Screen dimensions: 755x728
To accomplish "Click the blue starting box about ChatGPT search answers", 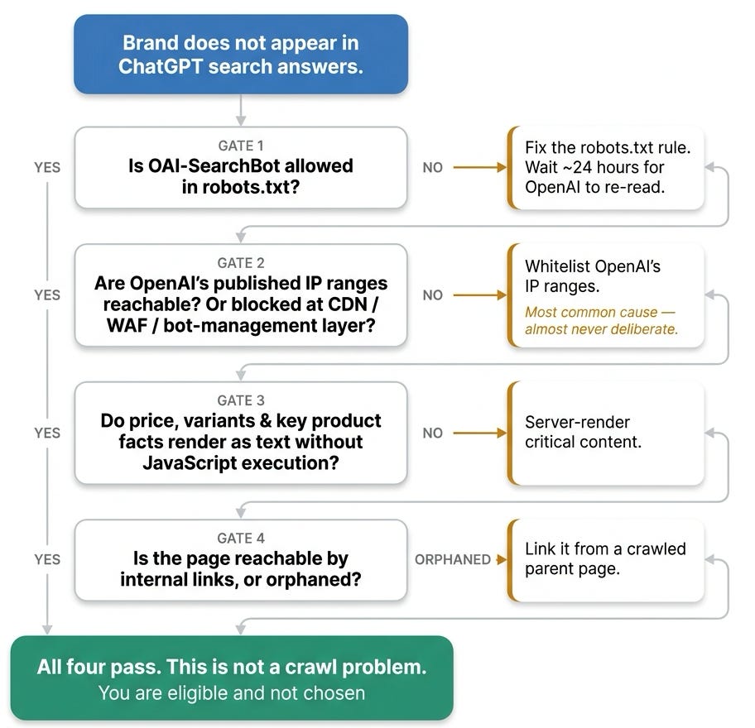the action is coord(241,54).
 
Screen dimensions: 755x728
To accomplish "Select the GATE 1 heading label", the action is coord(241,146).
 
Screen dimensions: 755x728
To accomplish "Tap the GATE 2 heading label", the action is coord(241,263).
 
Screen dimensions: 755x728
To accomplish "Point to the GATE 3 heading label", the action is coord(241,400).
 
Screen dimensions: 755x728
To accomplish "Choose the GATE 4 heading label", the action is coord(241,538).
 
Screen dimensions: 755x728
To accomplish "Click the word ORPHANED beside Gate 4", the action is coord(453,559).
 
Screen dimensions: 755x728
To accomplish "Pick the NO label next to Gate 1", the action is coord(432,167).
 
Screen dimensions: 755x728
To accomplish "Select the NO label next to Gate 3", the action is coord(432,433).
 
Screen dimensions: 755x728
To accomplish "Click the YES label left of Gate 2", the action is coord(47,295).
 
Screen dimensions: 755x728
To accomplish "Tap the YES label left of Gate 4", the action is coord(47,559).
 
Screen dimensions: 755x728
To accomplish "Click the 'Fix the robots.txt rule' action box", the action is coord(606,167).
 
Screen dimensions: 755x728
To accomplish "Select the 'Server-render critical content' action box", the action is coord(606,433).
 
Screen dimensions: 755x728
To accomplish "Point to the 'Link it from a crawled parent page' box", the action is coord(606,560).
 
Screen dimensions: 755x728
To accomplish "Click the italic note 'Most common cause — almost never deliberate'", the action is coord(601,320).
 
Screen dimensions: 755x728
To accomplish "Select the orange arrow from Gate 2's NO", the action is coord(480,295).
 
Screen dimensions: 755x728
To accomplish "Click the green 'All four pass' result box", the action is coord(232,678).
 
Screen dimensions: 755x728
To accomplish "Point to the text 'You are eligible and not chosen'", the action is coord(232,693).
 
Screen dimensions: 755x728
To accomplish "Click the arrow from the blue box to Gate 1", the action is coord(241,110).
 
